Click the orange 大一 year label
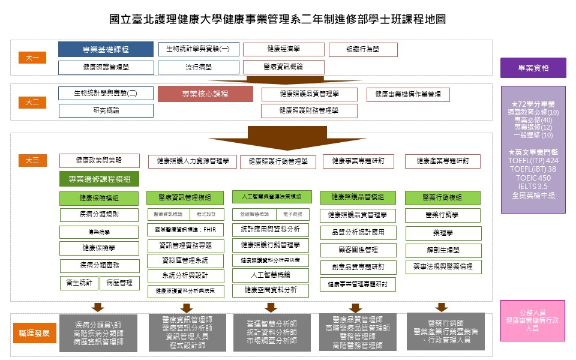32,58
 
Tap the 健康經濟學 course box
284,49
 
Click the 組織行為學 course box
363,49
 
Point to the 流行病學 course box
199,67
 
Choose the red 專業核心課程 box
205,94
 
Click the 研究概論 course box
106,110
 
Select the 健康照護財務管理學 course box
309,110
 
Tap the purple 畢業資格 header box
533,68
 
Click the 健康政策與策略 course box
99,160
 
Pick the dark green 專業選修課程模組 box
99,179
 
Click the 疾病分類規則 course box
99,214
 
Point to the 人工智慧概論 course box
270,275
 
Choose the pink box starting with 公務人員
533,320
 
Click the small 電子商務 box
292,214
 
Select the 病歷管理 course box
119,283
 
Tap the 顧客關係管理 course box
358,250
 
